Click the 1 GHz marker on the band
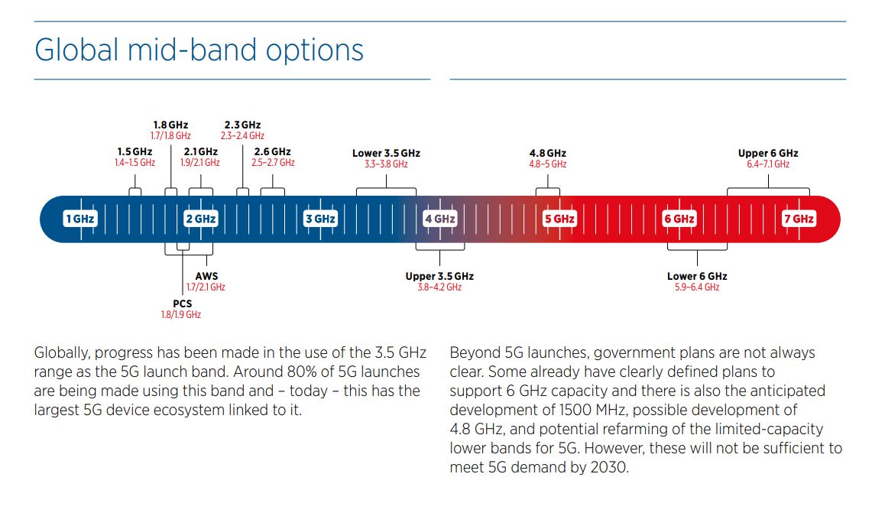(x=80, y=219)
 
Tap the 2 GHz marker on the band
(x=201, y=219)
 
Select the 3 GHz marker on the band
(x=320, y=219)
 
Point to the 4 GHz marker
(x=439, y=219)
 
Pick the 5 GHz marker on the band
(x=559, y=219)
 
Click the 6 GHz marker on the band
(x=679, y=219)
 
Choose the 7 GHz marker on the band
(x=799, y=219)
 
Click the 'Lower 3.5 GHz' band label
(x=386, y=153)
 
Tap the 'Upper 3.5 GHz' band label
(x=439, y=276)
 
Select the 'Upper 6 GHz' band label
(x=768, y=153)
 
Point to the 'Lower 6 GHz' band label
(x=697, y=276)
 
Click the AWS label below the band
(x=206, y=276)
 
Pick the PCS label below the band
(x=182, y=303)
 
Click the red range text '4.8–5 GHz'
(x=548, y=164)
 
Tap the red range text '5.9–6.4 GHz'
(x=697, y=287)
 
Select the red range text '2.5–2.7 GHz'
(x=273, y=163)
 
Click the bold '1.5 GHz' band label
(x=135, y=151)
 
